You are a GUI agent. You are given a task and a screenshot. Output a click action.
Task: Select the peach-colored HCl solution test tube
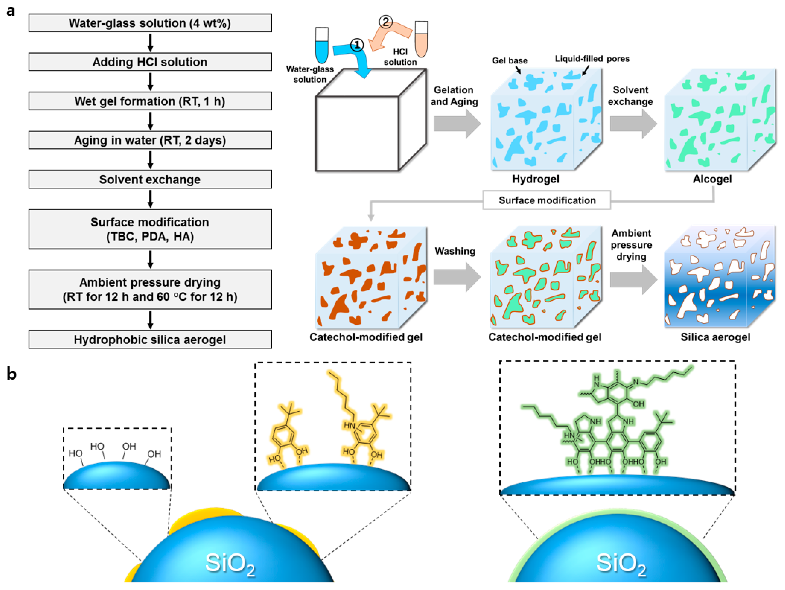(421, 39)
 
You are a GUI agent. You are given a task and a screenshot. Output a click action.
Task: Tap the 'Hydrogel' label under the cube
(536, 179)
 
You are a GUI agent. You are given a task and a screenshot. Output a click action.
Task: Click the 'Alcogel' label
(712, 179)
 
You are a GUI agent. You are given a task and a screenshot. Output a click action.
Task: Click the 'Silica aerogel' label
(715, 337)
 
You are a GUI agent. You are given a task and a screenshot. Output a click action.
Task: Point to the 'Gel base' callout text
(509, 61)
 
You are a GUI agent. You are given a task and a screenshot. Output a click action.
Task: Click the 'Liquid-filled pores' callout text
(592, 59)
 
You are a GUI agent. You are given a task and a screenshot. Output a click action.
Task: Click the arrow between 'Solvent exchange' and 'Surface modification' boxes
(150, 199)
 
